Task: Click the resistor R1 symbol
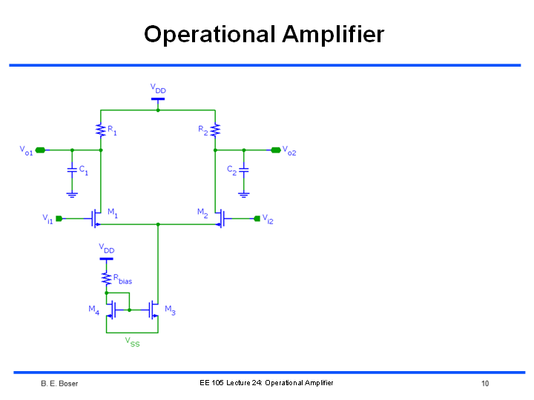pyautogui.click(x=100, y=130)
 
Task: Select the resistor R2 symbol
pyautogui.click(x=215, y=130)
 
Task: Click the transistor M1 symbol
pyautogui.click(x=96, y=219)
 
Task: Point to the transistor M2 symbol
pyautogui.click(x=221, y=219)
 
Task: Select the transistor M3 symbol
pyautogui.click(x=154, y=310)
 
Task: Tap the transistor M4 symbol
pyautogui.click(x=111, y=310)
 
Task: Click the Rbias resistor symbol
pyautogui.click(x=106, y=279)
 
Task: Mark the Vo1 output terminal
pyautogui.click(x=40, y=150)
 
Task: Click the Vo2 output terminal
pyautogui.click(x=276, y=150)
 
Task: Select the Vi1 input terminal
pyautogui.click(x=59, y=219)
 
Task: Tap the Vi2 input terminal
pyautogui.click(x=257, y=219)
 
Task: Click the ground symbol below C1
pyautogui.click(x=72, y=195)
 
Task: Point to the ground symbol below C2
pyautogui.click(x=244, y=195)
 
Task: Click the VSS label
pyautogui.click(x=132, y=341)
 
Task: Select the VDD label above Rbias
pyautogui.click(x=107, y=248)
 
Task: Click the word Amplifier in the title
pyautogui.click(x=333, y=35)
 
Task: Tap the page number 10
pyautogui.click(x=485, y=384)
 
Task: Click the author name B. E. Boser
pyautogui.click(x=59, y=384)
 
